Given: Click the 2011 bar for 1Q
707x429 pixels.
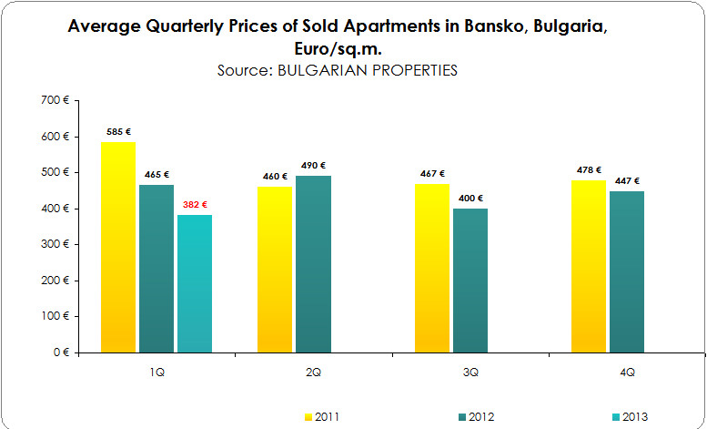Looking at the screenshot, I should point(118,247).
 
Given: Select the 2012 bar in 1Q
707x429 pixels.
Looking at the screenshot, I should point(157,269).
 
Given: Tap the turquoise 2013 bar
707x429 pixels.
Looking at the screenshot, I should point(194,283).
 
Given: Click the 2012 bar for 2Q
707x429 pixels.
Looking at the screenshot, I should point(313,264).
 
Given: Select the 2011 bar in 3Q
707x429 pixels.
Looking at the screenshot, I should point(431,268).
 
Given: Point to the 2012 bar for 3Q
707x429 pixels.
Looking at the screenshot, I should point(470,281).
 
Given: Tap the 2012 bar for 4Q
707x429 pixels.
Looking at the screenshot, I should point(626,271).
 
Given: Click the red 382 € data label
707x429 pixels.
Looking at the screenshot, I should point(196,204).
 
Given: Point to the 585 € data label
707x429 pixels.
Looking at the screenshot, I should point(118,131).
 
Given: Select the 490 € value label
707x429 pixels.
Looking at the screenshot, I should point(313,165).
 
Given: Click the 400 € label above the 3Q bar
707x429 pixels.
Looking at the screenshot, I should point(470,198).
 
